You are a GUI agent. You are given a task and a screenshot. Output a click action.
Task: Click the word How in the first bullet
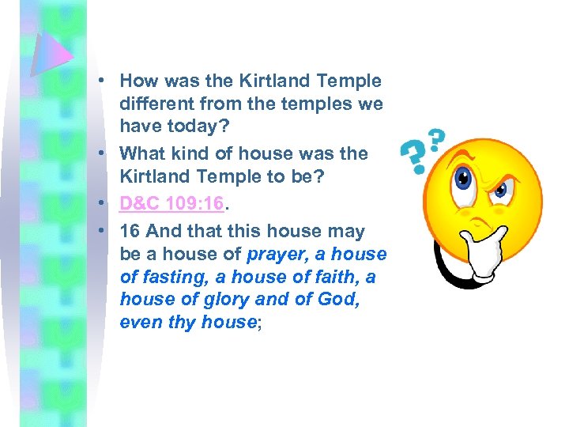point(138,81)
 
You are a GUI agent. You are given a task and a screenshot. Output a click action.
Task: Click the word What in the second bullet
point(141,153)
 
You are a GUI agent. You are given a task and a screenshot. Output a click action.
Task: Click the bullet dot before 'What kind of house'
point(104,154)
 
